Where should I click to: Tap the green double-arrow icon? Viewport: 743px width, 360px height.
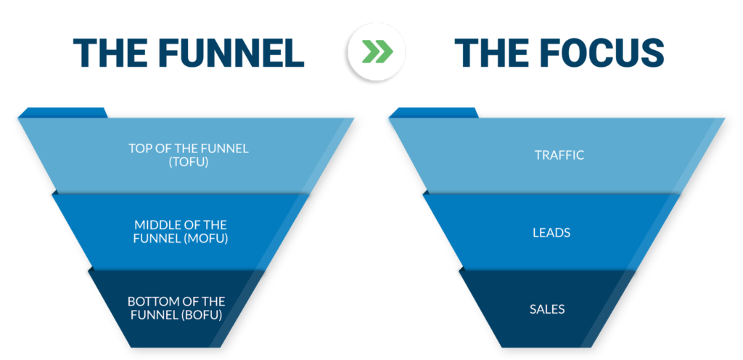(x=377, y=52)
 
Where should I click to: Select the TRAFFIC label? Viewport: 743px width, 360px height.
(x=559, y=155)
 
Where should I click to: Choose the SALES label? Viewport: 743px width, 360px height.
(x=547, y=309)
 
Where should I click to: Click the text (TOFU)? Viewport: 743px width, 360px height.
(x=188, y=162)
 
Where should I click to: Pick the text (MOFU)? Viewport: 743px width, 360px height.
(x=206, y=239)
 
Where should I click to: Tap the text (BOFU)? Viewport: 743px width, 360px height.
(x=202, y=314)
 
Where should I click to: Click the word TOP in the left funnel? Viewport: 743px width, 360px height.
(x=139, y=148)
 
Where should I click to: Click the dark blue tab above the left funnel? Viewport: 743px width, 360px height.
(x=63, y=112)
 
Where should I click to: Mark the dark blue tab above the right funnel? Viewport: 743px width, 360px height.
(x=434, y=112)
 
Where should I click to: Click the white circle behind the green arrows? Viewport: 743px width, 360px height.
(x=377, y=52)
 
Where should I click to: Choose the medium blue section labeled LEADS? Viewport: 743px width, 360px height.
(x=552, y=232)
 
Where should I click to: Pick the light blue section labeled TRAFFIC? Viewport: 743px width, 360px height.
(x=557, y=155)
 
